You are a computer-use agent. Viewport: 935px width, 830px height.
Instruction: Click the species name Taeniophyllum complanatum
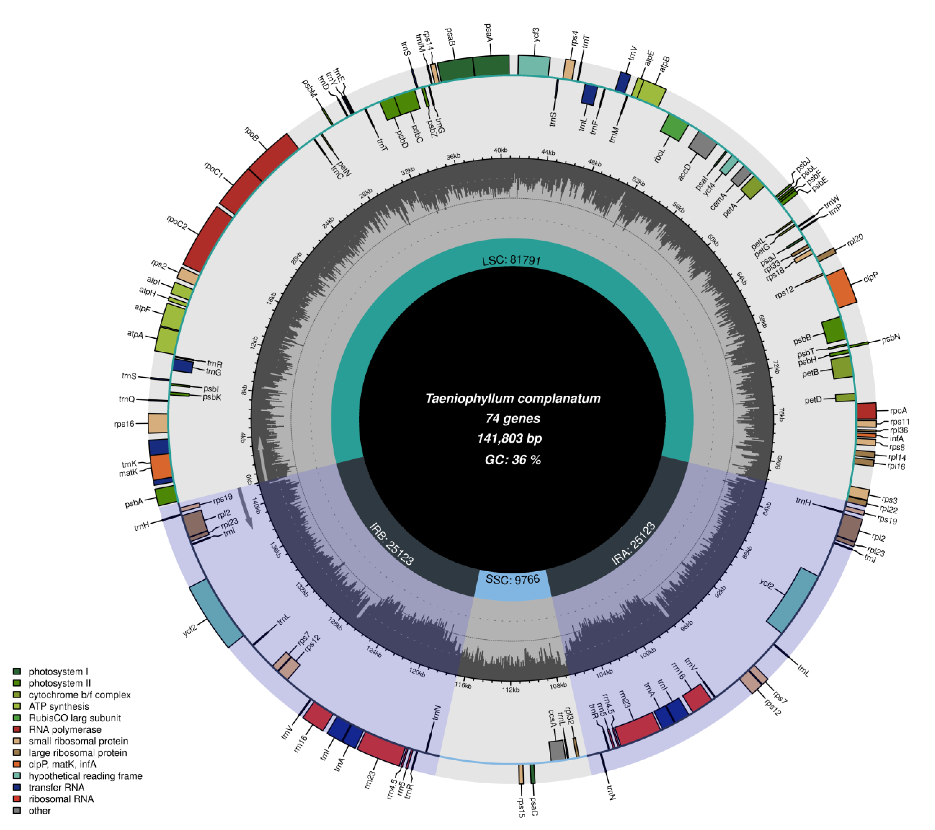coord(513,399)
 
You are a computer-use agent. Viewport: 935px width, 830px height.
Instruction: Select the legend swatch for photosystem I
coord(17,672)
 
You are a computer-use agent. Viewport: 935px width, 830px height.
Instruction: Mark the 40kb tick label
coord(501,150)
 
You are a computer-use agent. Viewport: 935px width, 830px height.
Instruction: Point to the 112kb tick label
coord(511,689)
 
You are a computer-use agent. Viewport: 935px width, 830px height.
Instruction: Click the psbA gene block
coord(166,496)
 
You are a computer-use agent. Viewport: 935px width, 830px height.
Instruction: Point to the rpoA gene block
coord(866,411)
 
